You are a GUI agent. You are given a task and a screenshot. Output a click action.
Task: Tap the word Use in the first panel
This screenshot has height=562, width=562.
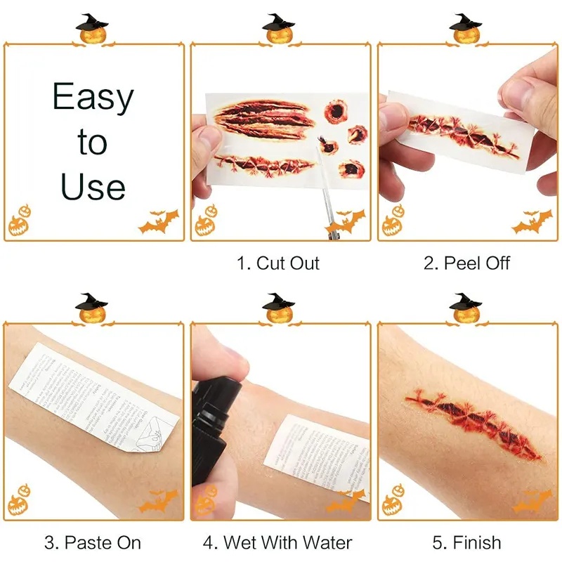click(93, 186)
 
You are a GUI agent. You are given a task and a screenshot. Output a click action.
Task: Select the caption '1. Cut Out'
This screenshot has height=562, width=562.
click(278, 263)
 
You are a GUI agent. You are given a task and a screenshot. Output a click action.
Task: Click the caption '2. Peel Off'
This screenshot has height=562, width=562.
click(466, 263)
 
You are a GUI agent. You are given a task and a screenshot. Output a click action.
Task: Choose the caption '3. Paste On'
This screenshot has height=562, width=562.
click(93, 542)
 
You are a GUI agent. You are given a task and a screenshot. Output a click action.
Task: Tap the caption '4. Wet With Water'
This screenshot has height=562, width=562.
click(277, 542)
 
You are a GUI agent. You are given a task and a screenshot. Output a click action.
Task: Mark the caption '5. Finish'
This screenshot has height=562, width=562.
click(466, 542)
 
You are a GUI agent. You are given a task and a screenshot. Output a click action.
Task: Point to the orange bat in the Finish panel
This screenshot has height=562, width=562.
click(532, 501)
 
